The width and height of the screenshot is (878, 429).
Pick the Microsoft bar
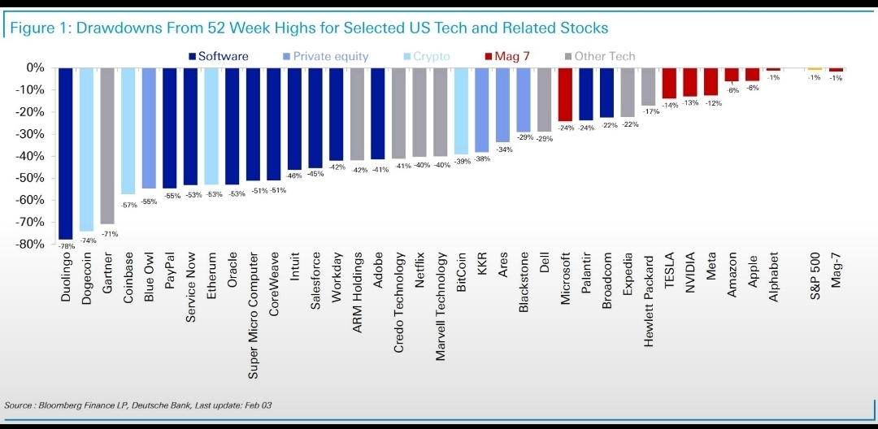[565, 94]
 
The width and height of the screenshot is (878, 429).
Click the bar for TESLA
[669, 83]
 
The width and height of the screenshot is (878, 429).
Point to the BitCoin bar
[461, 110]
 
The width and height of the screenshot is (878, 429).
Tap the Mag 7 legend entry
[512, 56]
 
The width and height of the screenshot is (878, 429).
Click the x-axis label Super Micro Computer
[253, 314]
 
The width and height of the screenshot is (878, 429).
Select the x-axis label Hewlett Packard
[649, 301]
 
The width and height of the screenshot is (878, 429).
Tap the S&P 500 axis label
[815, 277]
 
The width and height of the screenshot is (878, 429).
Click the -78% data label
[65, 245]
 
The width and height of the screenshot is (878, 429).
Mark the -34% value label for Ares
[504, 149]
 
